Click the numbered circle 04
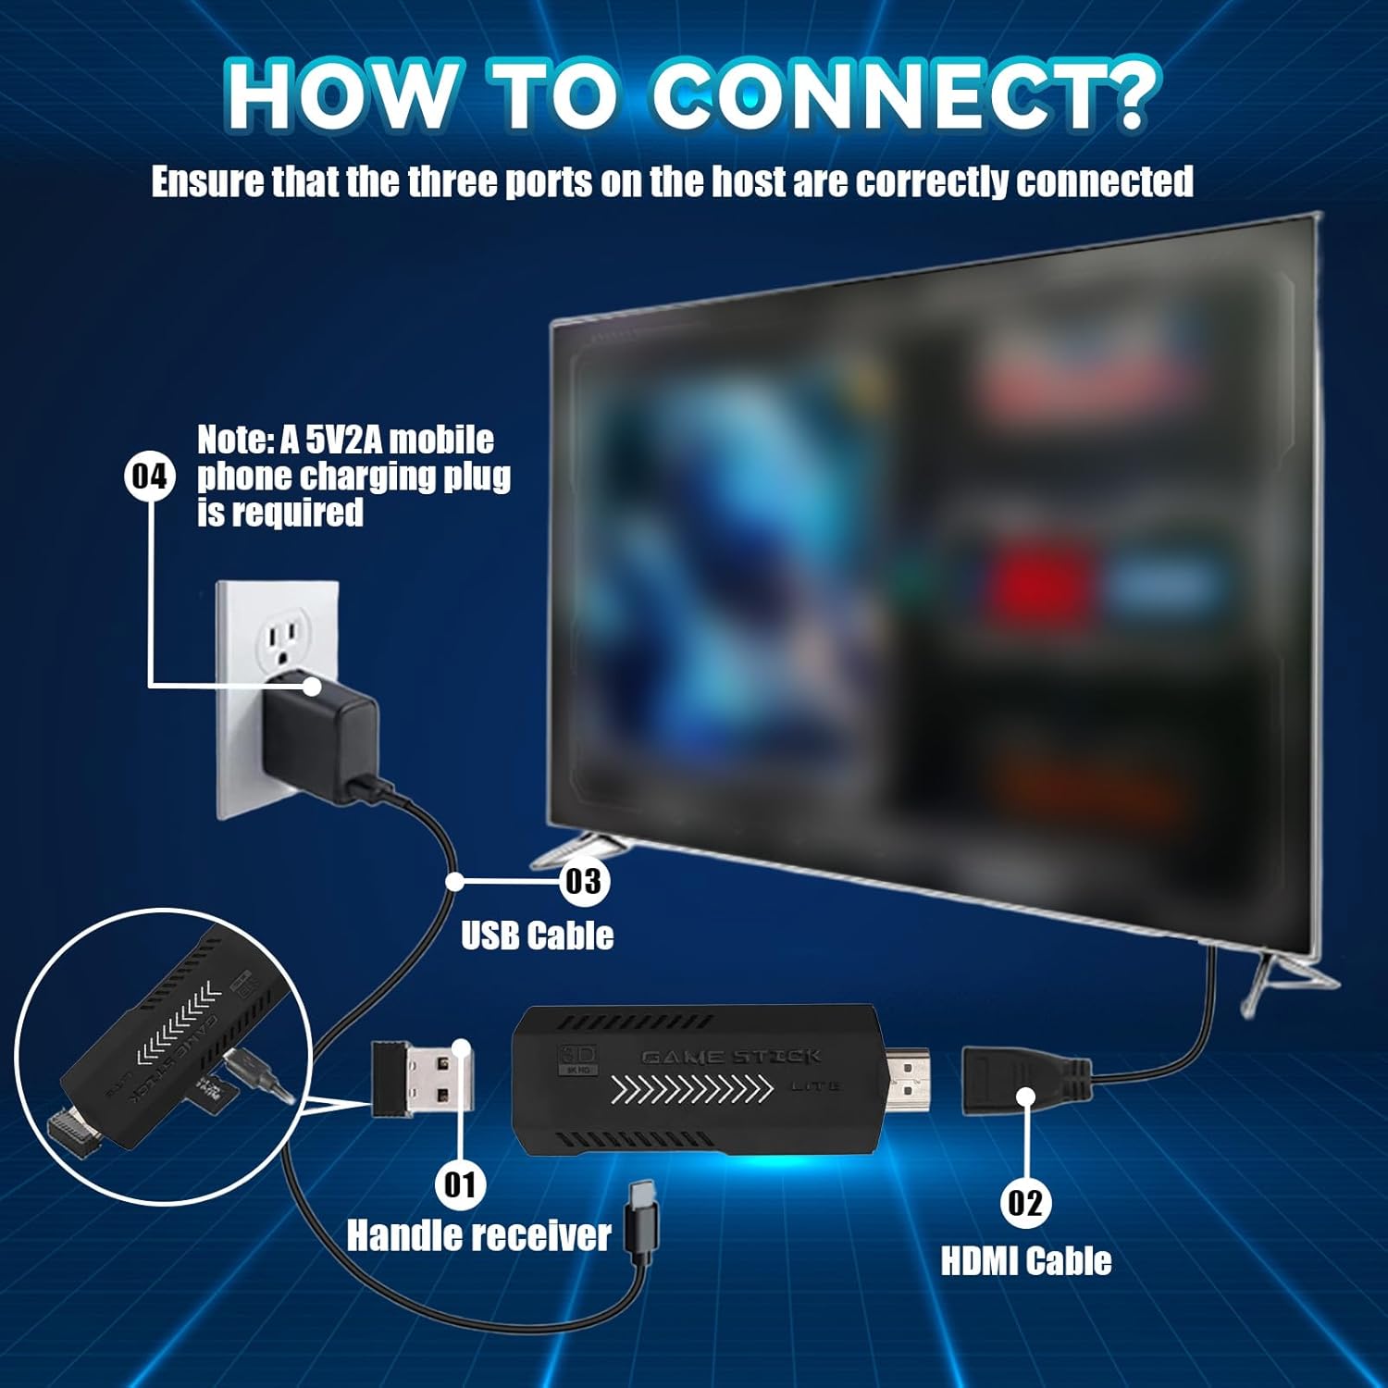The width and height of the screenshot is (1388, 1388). (149, 477)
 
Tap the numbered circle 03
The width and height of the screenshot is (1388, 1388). (583, 881)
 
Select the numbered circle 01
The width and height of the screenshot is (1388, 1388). (460, 1184)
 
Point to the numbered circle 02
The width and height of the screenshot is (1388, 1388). (1025, 1202)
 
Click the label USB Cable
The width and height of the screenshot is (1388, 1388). (537, 936)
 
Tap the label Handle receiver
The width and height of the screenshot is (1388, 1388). (478, 1236)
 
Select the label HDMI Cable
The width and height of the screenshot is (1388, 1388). (1025, 1261)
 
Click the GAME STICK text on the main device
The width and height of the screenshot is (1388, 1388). (731, 1057)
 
